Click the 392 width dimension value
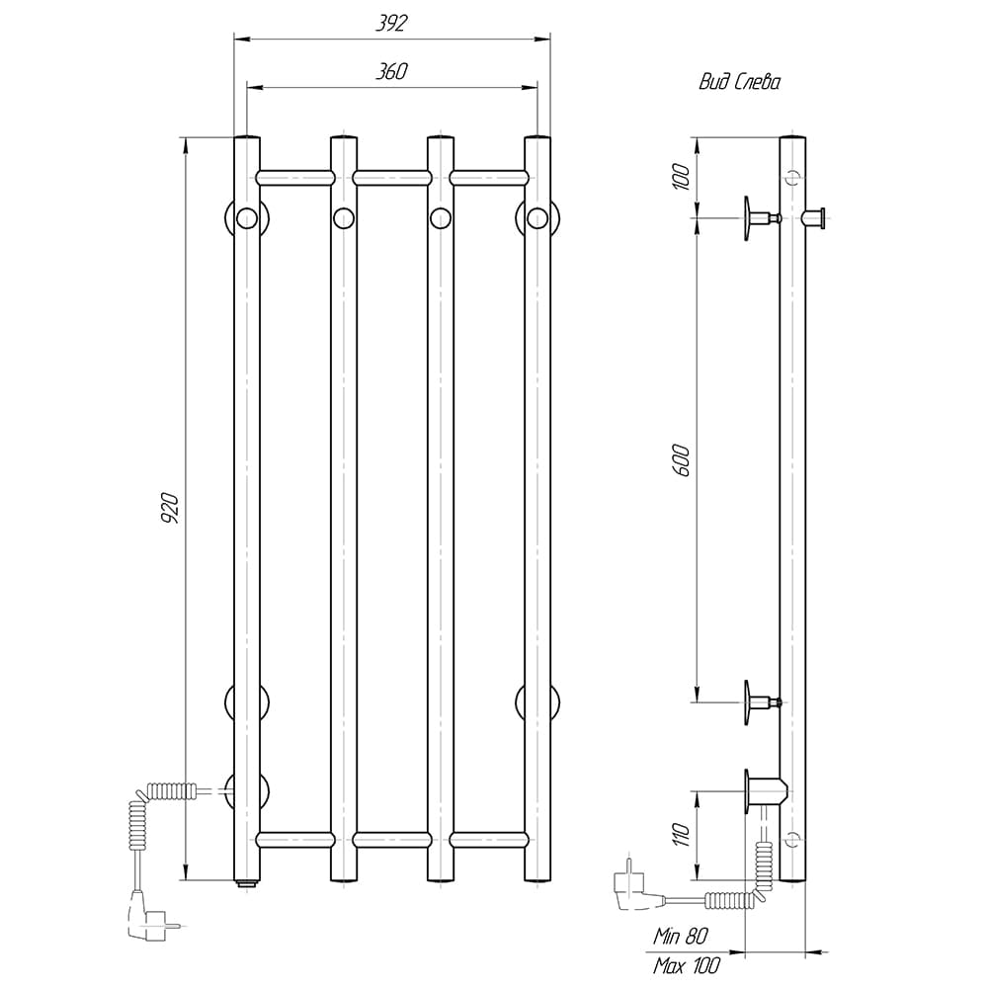click(391, 24)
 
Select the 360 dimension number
click(391, 72)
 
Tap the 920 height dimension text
click(171, 509)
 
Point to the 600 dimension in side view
click(681, 460)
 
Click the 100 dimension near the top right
click(681, 177)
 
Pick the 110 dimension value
click(681, 835)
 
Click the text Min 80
click(681, 936)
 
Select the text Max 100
click(687, 965)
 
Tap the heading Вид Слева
click(739, 83)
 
